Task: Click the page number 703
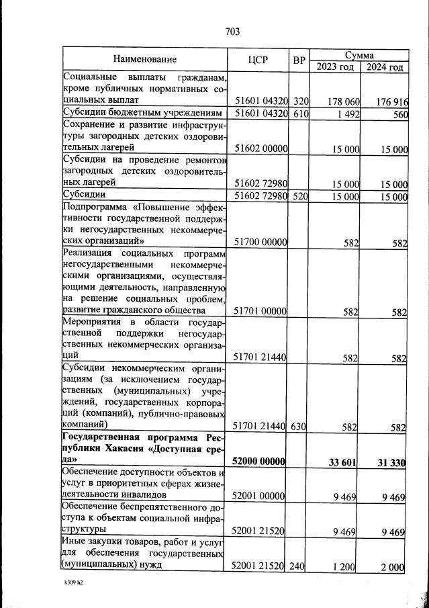click(x=232, y=32)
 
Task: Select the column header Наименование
click(x=144, y=60)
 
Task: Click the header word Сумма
click(x=359, y=54)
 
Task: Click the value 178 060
click(x=344, y=101)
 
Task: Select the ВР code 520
click(x=300, y=196)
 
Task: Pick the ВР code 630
click(x=300, y=427)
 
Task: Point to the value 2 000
click(x=393, y=568)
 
